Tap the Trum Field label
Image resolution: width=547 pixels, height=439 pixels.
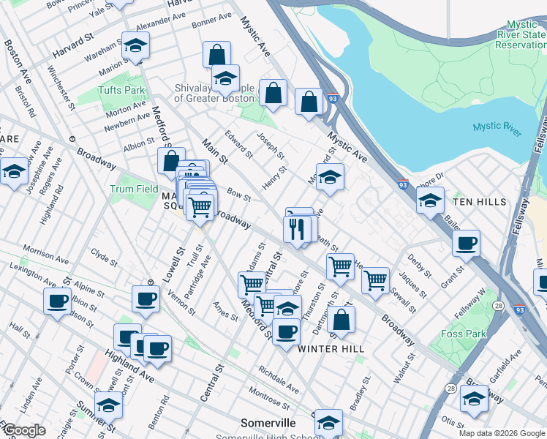point(134,189)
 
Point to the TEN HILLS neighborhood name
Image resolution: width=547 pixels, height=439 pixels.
point(479,201)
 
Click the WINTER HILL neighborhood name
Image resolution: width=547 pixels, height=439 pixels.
point(331,349)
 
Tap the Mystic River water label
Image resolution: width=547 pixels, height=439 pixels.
point(497,128)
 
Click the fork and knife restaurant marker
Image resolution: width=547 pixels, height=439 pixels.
point(297,229)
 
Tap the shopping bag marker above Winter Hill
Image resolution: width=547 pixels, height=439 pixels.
point(341,319)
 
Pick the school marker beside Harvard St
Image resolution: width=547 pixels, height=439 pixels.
point(135,46)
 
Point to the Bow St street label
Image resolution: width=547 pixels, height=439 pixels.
point(238,196)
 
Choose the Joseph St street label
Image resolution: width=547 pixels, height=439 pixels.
point(271,147)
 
